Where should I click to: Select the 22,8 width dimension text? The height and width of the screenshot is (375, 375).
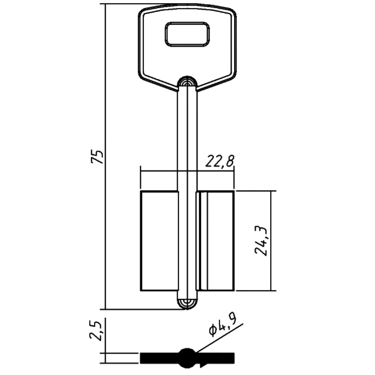(220, 162)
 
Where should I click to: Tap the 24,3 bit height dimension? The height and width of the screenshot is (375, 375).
(261, 240)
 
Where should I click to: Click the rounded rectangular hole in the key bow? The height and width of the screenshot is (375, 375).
(187, 34)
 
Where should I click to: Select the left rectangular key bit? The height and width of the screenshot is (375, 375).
(159, 241)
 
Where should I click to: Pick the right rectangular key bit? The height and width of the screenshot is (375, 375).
(215, 241)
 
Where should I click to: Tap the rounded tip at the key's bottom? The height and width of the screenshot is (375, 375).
(187, 304)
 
